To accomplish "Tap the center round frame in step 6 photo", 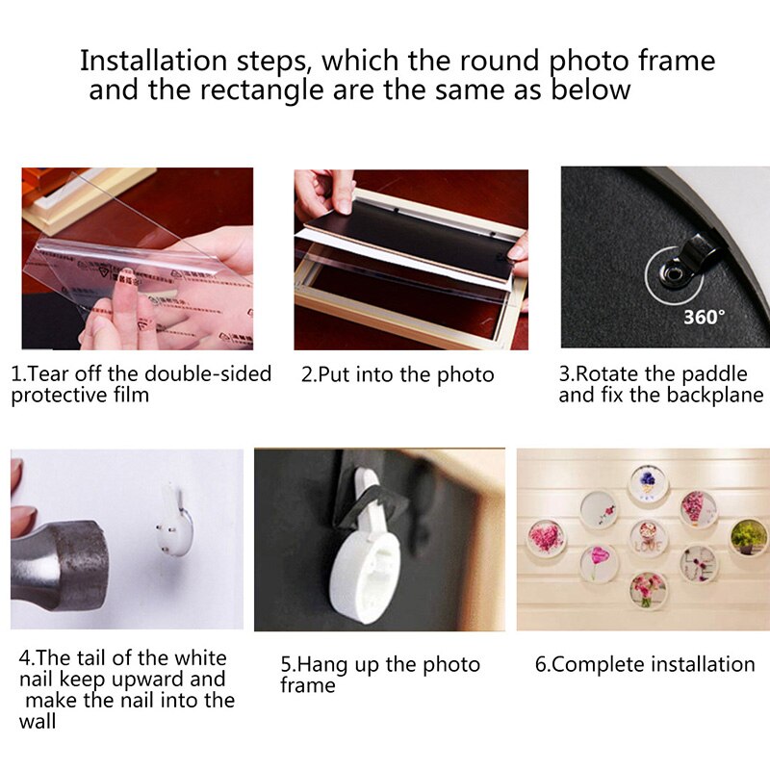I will [x=648, y=537].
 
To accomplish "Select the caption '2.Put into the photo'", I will [x=398, y=375].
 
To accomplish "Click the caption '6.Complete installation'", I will [x=645, y=664].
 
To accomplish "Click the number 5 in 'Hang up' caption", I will [x=286, y=665].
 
